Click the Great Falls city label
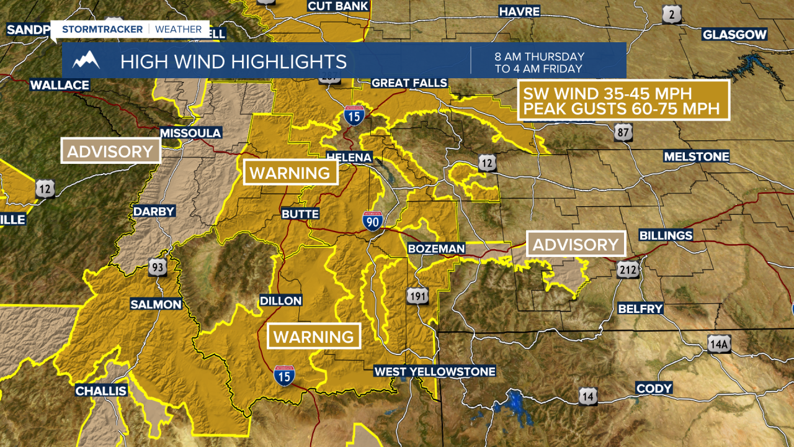click(409, 83)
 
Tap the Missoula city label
click(190, 133)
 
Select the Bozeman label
click(436, 248)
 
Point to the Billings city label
click(666, 236)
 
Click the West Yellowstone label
click(435, 371)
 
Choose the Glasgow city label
click(734, 35)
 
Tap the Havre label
click(519, 11)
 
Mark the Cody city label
click(654, 389)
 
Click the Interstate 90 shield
click(372, 220)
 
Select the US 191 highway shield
click(417, 296)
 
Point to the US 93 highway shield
click(157, 268)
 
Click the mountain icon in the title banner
click(86, 61)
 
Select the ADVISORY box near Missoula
click(110, 151)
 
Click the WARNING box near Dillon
click(313, 337)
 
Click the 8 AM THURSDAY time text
click(539, 56)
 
